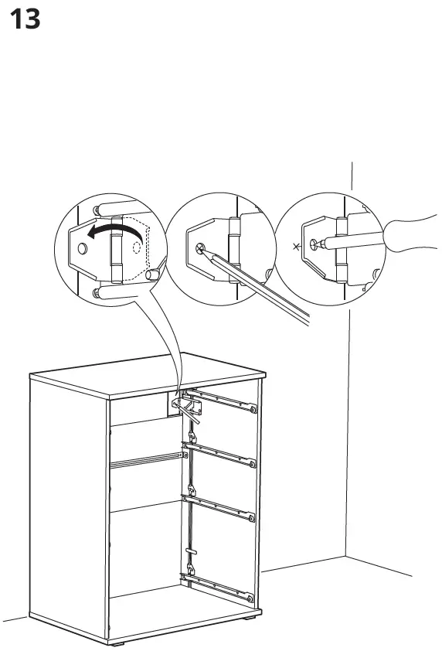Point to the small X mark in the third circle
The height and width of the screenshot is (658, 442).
[294, 247]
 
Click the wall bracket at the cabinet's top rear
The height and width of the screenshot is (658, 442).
[184, 404]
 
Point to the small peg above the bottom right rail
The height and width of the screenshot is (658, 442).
[192, 551]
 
